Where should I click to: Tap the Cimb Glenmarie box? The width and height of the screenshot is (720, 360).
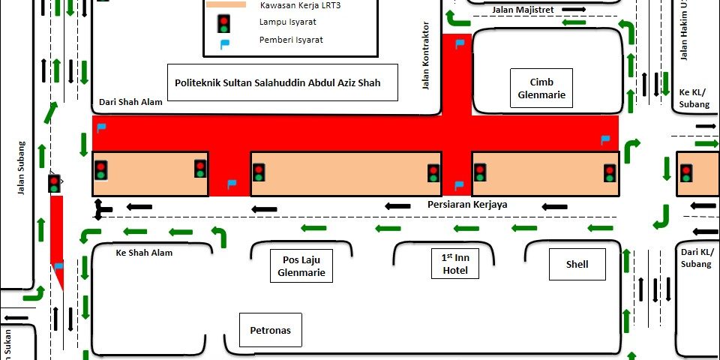pos(541,88)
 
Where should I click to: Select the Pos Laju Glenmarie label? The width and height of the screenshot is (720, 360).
pos(301,265)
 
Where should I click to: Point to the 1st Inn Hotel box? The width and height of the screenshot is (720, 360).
pos(455,263)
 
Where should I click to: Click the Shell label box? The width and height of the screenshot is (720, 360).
pos(577,264)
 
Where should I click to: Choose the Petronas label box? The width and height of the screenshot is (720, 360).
pos(271,330)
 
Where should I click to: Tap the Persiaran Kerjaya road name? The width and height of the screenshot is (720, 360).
pos(467,204)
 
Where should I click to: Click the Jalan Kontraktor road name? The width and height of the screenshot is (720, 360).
pos(426,55)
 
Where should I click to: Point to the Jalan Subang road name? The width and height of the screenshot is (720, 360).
pos(21,167)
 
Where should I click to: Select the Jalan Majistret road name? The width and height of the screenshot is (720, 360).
pos(523,10)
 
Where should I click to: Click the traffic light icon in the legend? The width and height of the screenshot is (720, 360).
pos(224,23)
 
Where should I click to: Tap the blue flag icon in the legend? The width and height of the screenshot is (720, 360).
pos(224,44)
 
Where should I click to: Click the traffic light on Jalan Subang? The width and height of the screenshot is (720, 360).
pos(54,184)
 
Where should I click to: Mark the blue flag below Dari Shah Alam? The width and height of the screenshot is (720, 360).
pos(101,128)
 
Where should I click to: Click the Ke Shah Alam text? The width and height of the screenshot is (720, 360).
pos(144,253)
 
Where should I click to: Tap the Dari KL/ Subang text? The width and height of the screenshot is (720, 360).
pos(697,258)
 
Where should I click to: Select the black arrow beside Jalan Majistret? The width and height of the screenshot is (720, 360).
pos(574,9)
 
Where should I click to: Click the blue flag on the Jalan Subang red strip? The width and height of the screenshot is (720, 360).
pos(58,265)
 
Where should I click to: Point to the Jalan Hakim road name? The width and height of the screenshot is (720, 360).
pos(684,30)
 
